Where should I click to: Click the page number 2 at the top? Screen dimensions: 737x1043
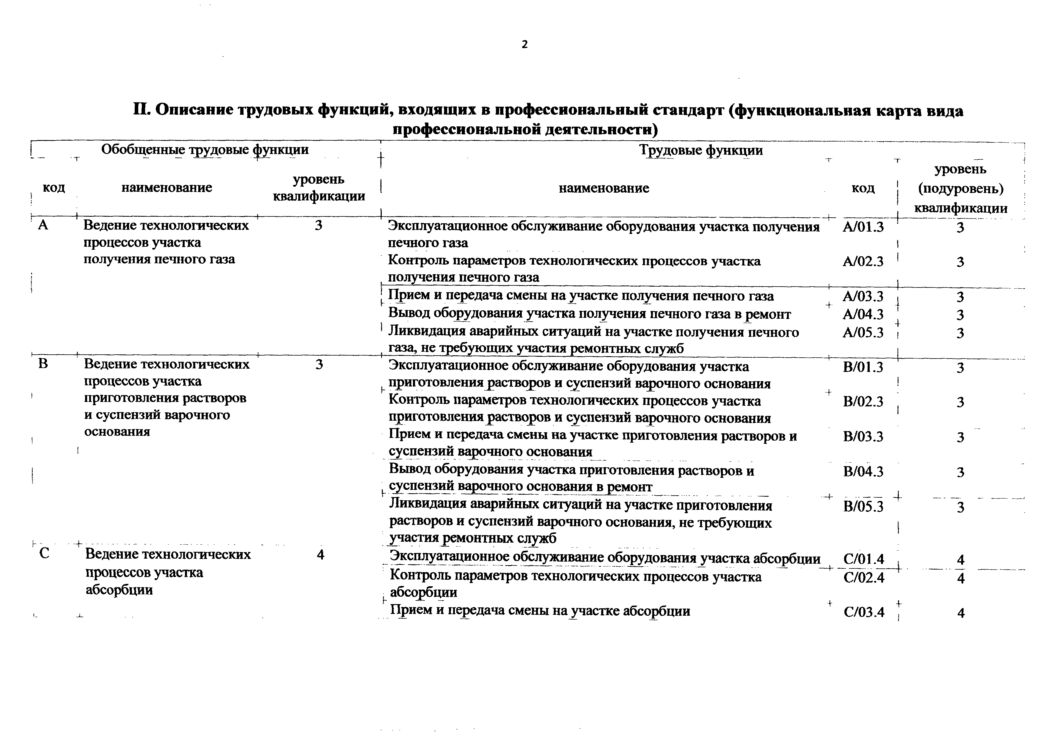click(x=525, y=44)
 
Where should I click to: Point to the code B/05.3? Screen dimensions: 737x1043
click(x=863, y=506)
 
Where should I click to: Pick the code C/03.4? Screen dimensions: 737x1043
click(x=864, y=612)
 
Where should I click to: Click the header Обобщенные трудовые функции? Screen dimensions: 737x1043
click(x=205, y=150)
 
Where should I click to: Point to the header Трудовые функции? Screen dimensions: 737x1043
click(x=701, y=150)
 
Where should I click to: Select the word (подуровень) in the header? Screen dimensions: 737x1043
click(x=960, y=188)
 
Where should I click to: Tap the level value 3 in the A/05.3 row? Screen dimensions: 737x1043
click(x=960, y=333)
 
